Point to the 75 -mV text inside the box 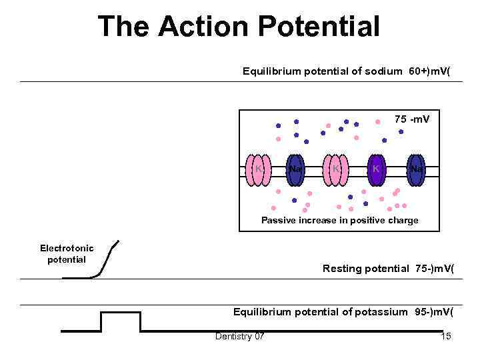412,119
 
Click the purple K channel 377,169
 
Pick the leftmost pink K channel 257,169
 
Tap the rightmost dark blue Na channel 417,169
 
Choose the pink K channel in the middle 337,169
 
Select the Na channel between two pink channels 296,169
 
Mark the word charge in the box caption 402,221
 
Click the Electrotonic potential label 67,253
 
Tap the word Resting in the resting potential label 341,269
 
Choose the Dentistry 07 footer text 239,336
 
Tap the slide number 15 446,336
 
